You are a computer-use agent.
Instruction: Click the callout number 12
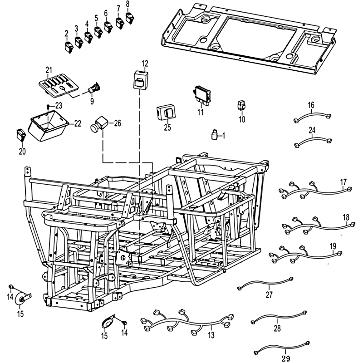[x=145, y=63]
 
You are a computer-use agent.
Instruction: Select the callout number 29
[x=285, y=358]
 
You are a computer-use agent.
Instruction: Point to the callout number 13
[x=211, y=335]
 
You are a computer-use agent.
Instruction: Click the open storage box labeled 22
[x=47, y=128]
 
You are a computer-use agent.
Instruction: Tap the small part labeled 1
[x=214, y=134]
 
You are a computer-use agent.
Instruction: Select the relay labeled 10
[x=242, y=105]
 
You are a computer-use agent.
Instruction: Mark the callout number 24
[x=312, y=130]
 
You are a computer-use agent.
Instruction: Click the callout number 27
[x=269, y=294]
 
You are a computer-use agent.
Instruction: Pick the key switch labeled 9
[x=95, y=85]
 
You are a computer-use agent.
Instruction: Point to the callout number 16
[x=311, y=105]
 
